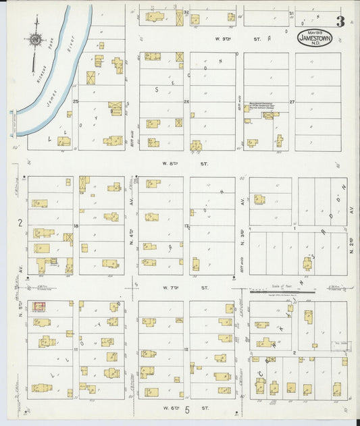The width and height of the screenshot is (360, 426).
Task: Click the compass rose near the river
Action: coord(35,39)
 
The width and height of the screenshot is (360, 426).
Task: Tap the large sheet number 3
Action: coord(340,22)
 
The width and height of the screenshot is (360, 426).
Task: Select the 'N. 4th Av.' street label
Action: coord(132,219)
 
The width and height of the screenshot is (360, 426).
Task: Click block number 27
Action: coord(292,102)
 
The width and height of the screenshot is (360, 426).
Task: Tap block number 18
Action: coord(76,226)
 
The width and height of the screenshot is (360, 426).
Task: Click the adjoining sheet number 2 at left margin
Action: coord(20,222)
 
